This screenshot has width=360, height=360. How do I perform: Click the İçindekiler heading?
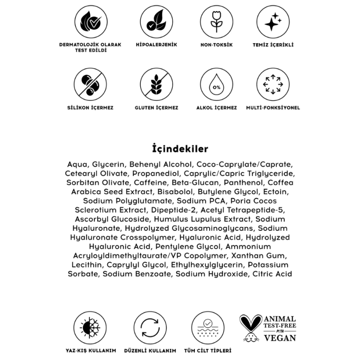point(180,149)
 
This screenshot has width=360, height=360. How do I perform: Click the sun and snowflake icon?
point(90,328)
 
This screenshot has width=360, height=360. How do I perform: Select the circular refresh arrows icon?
point(150,328)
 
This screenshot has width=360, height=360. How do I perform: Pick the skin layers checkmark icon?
point(208,328)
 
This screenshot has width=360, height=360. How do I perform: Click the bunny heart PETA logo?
point(251,328)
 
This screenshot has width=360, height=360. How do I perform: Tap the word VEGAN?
point(280,338)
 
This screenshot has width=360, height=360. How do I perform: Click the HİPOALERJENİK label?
point(156,45)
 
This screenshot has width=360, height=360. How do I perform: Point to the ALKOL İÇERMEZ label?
point(216,108)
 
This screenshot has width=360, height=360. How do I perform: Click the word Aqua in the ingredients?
point(78,164)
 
